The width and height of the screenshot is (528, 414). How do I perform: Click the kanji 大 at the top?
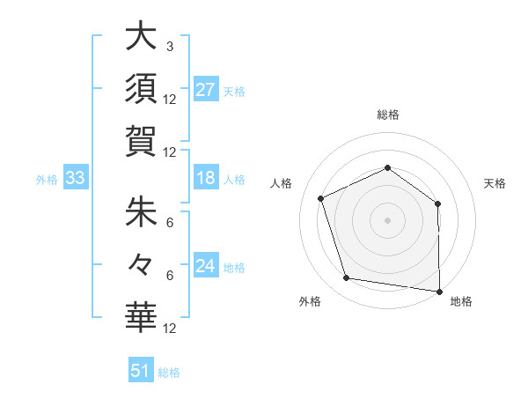pos(141,39)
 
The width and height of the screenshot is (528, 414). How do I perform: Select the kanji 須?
pos(141,91)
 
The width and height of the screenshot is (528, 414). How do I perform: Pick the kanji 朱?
pos(141,211)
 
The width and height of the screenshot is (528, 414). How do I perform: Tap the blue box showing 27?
pos(206,89)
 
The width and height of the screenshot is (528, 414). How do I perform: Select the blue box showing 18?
pos(206,179)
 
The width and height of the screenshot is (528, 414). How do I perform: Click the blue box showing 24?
pos(206,266)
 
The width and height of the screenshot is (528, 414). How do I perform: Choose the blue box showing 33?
pos(76,179)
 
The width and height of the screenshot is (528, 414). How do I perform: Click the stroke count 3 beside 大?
pos(169,46)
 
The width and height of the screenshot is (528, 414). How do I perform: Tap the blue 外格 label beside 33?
pos(47,180)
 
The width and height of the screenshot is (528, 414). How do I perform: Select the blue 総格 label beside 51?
pos(169,373)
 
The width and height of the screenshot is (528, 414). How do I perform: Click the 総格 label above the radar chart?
pos(387,115)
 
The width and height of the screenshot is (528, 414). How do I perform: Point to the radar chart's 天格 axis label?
pos(495,183)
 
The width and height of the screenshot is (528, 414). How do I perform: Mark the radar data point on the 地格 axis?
pos(439,291)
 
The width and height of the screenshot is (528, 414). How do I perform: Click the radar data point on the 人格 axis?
pos(321,198)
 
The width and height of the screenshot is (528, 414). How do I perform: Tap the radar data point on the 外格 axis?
pos(347,278)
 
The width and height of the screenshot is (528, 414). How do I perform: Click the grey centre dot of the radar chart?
pos(387,219)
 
